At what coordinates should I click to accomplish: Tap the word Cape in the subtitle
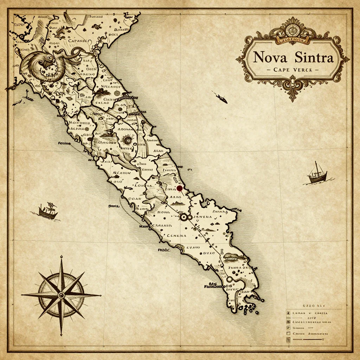281,70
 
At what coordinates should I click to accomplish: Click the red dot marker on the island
180,189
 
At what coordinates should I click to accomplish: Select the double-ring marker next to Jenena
183,217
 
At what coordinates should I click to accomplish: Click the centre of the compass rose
61,295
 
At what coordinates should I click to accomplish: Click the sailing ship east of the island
317,174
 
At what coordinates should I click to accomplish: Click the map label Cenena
176,236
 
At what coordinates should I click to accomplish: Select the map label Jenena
201,217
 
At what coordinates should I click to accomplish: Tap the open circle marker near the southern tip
230,279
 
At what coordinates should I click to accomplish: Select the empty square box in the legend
288,333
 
